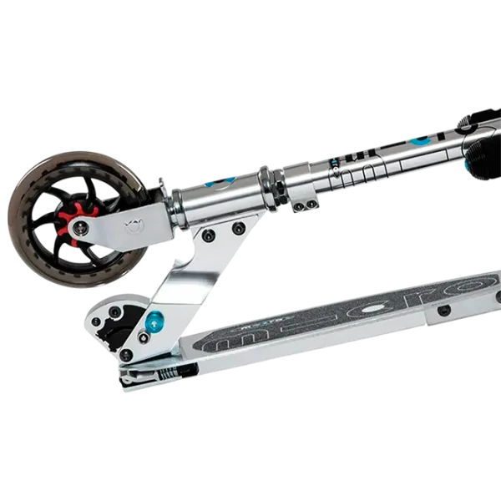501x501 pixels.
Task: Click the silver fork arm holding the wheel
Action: (x=125, y=228)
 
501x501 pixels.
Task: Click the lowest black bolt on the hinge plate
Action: (x=126, y=355)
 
